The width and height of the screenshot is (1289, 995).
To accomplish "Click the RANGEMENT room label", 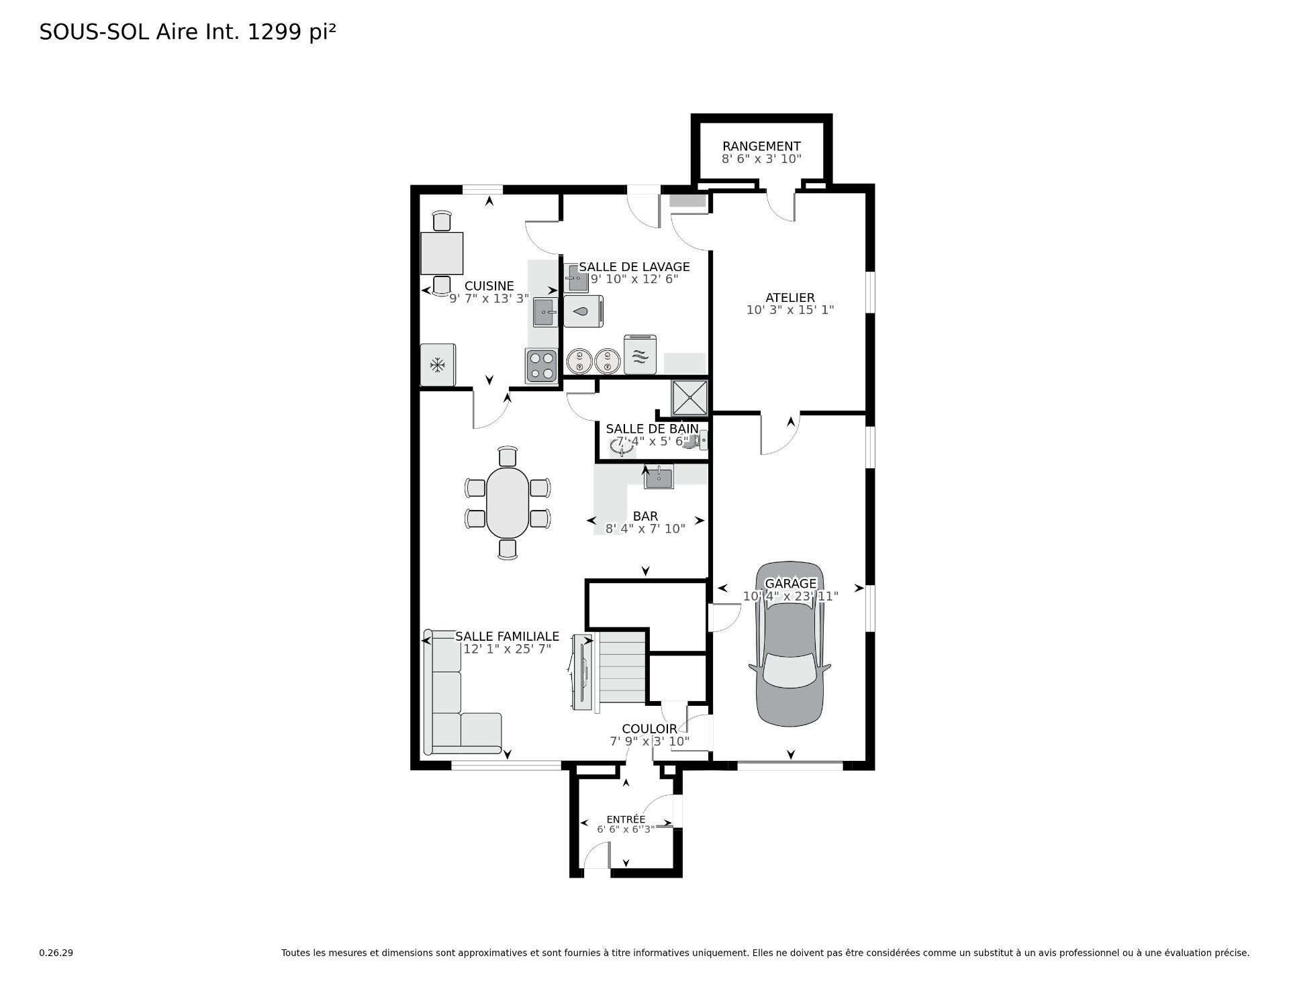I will coord(761,146).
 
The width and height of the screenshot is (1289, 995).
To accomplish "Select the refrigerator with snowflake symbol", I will coord(438,365).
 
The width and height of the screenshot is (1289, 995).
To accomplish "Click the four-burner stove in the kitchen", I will coord(541,366).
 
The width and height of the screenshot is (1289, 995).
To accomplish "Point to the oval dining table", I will coord(508,503).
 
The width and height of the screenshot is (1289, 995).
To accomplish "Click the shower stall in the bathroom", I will coord(690,397).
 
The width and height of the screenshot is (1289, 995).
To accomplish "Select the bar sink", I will coord(659,478).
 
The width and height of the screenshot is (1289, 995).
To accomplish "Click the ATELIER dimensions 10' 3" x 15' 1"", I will coord(790,310).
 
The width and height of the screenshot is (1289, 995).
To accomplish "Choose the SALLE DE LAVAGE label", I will coord(634,267).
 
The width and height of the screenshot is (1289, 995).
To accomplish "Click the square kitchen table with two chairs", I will coord(442,253).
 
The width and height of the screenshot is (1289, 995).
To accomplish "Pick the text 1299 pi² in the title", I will coord(292,32).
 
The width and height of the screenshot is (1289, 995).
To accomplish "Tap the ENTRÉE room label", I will coord(626,819).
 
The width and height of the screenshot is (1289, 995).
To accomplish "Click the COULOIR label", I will coord(649,729).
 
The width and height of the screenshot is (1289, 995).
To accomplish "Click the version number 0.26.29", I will coord(56,953).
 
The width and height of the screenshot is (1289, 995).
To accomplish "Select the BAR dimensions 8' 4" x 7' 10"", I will coord(645,529).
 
